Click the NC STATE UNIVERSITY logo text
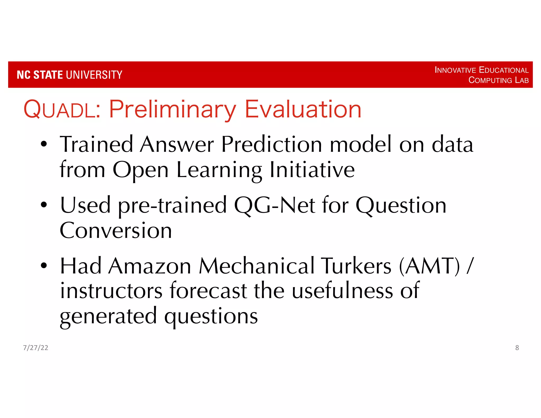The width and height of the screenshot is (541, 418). (69, 75)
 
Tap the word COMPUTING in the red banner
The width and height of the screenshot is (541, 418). (490, 80)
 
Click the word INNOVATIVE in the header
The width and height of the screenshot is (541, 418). (455, 70)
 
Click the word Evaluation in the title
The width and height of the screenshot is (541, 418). (303, 109)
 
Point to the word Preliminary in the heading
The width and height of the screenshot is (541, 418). (172, 109)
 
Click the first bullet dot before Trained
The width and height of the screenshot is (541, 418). (44, 144)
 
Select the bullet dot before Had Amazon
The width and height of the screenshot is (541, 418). (44, 266)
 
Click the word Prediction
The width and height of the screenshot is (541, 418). (272, 145)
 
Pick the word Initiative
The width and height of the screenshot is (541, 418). (312, 170)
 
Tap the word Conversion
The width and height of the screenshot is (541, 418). (116, 230)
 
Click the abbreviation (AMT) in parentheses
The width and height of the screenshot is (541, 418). (430, 266)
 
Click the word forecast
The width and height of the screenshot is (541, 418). (208, 291)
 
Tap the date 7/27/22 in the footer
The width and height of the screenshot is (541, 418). (36, 348)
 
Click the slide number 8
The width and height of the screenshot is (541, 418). (517, 348)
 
